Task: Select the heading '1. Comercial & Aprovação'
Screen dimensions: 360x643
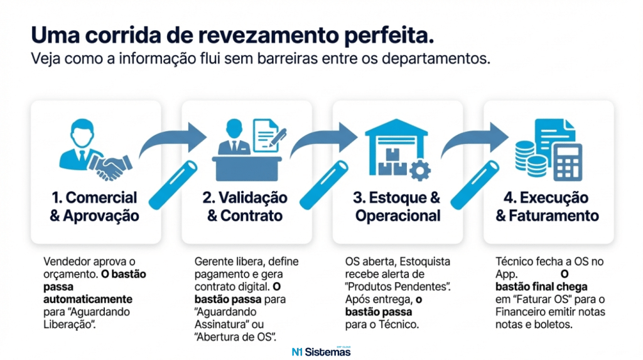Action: pos(94,207)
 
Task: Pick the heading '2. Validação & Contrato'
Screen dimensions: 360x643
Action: pos(246,207)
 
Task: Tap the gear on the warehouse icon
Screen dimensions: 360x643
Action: pos(419,169)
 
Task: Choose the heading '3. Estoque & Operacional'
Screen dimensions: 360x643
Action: pos(397,207)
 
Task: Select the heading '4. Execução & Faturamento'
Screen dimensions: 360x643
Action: pos(548,207)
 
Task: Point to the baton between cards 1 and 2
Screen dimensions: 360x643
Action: pos(171,184)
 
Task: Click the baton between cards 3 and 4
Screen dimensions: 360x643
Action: pos(473,184)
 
